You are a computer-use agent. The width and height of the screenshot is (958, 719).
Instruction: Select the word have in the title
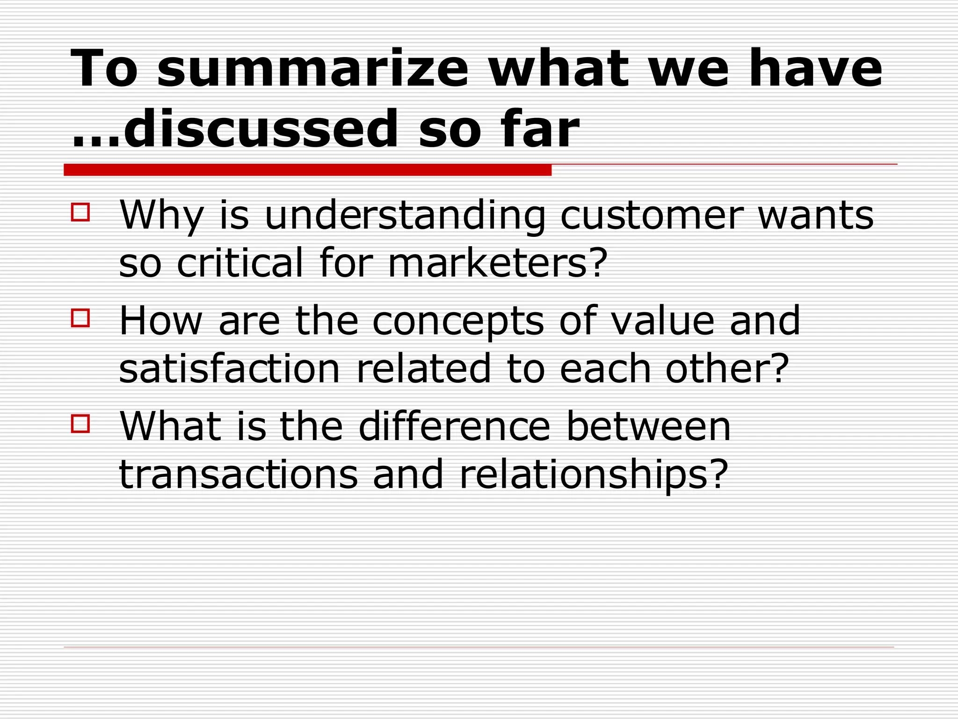click(x=815, y=69)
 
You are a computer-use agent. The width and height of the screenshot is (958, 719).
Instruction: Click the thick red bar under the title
click(x=307, y=170)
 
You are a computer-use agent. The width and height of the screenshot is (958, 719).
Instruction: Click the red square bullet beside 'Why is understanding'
click(x=80, y=212)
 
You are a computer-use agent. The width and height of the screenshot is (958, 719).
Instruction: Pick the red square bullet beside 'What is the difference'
click(x=80, y=423)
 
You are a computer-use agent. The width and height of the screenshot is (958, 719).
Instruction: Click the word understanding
click(x=405, y=216)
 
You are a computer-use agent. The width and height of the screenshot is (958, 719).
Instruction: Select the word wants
click(x=815, y=216)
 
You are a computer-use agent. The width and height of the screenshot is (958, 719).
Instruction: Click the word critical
click(x=240, y=263)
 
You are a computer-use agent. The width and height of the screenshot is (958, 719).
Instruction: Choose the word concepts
click(x=458, y=322)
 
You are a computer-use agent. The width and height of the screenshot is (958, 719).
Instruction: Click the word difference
click(x=454, y=427)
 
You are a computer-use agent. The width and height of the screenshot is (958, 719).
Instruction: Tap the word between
click(x=648, y=427)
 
